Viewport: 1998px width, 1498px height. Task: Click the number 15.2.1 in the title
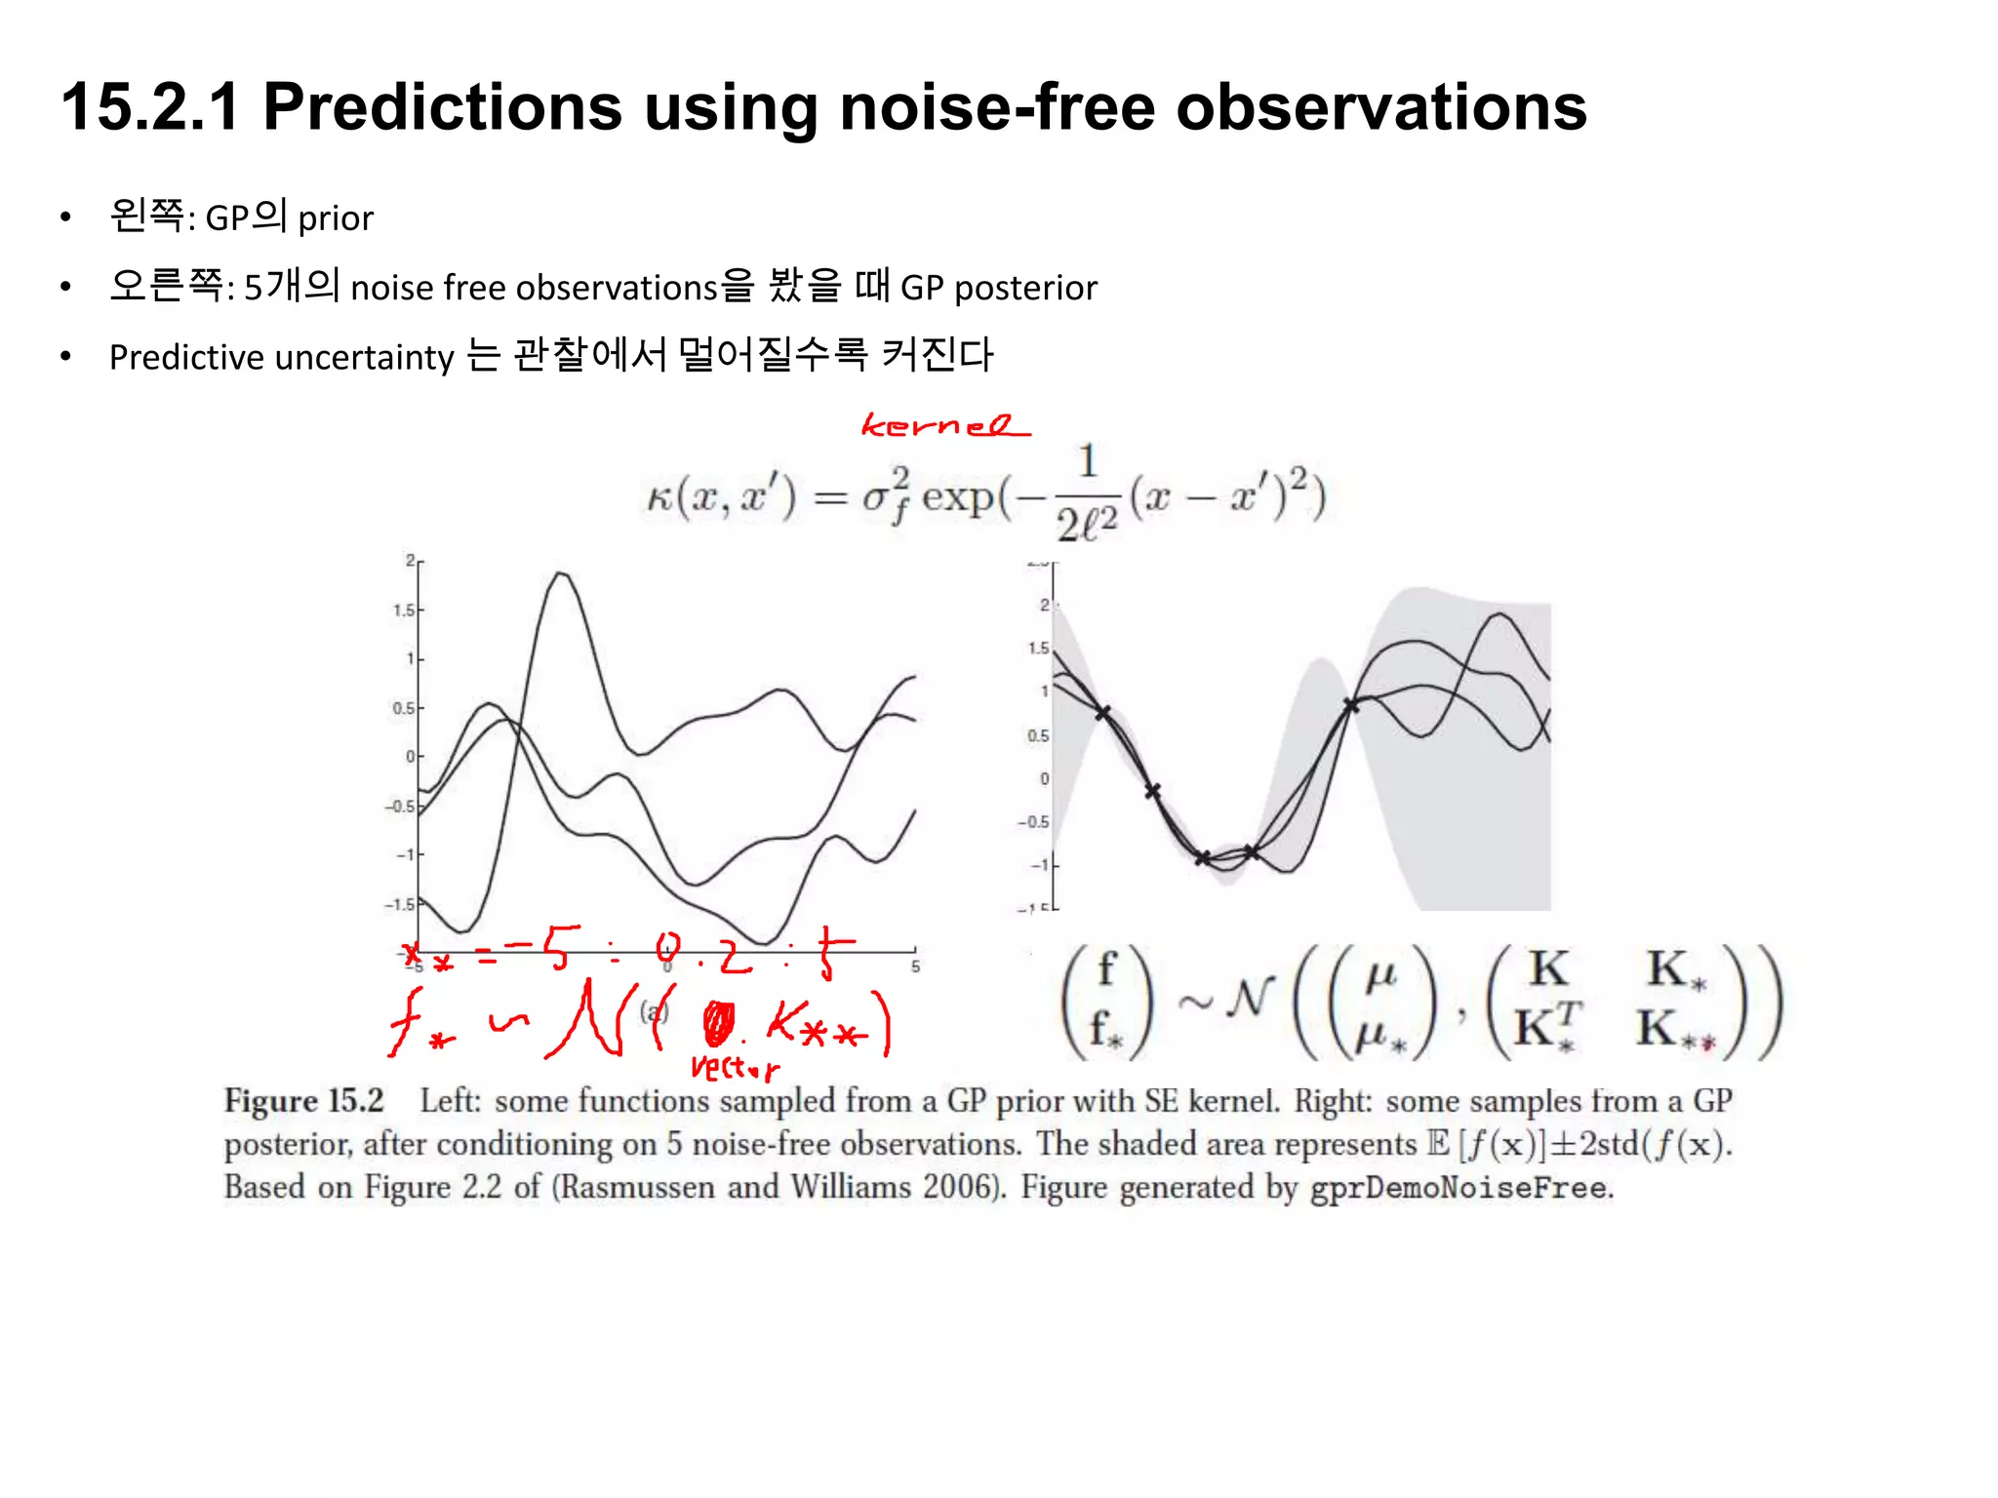tap(150, 107)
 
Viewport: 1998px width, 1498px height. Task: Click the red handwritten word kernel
tap(943, 426)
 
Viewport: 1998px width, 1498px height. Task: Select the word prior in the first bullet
tap(336, 218)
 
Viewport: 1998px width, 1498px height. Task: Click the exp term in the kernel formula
tap(957, 497)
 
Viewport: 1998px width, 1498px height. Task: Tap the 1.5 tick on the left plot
tap(403, 611)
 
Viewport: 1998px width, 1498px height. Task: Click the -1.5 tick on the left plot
tap(399, 905)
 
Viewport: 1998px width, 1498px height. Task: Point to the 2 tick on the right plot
tap(1044, 606)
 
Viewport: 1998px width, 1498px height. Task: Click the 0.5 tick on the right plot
tap(1038, 735)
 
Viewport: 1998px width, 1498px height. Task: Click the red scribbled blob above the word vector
tap(718, 1024)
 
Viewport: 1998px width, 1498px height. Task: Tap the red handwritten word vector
tap(734, 1068)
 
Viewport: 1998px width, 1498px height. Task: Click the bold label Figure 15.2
tap(303, 1101)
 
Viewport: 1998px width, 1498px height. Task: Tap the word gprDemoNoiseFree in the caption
tap(1459, 1189)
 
